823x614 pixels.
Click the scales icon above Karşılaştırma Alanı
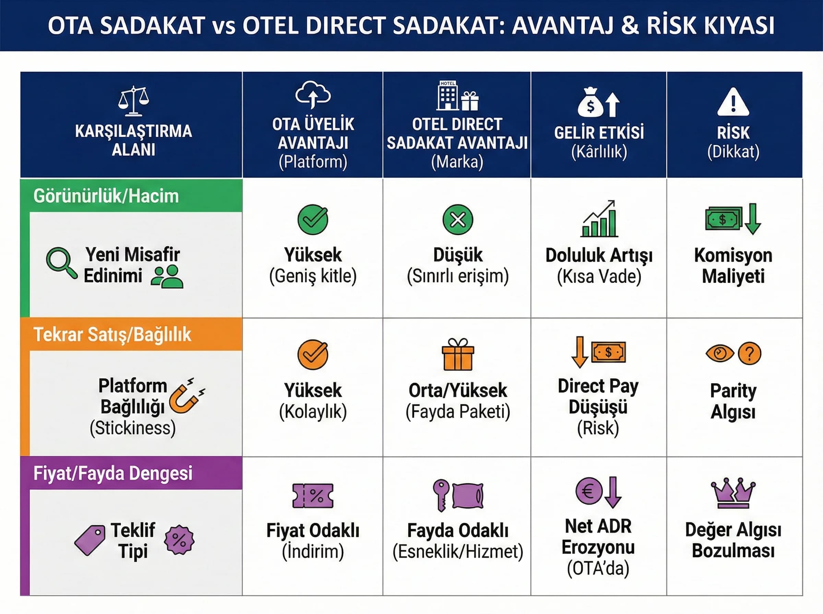133,101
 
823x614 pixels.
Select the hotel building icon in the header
448,96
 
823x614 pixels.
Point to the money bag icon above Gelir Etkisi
590,102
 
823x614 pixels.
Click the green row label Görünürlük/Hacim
106,196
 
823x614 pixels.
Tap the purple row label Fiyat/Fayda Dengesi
113,473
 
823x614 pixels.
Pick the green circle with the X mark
458,220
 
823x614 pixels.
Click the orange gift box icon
458,355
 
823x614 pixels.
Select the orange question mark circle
749,353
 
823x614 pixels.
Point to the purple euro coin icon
589,491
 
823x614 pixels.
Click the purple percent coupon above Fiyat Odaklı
313,495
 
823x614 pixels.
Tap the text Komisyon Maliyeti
733,266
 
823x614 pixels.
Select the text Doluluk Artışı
599,255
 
